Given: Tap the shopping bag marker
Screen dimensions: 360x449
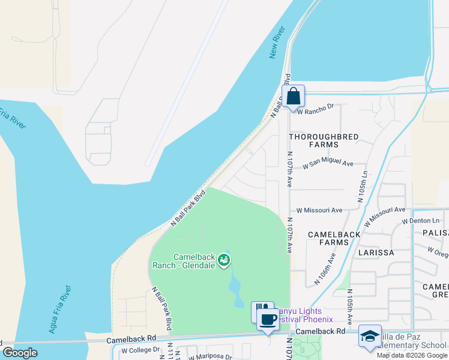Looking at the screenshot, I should coord(293,96).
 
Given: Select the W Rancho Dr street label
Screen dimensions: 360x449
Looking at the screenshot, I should coord(315,108).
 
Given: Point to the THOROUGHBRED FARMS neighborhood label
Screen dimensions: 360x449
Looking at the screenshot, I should coord(324,140).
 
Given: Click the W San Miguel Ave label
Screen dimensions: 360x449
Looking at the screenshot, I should coord(328,163).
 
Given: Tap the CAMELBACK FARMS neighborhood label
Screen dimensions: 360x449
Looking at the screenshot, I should coord(334,238).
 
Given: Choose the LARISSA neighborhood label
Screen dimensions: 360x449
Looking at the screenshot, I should coord(376,253).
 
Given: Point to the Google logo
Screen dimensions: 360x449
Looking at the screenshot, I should coord(20,353).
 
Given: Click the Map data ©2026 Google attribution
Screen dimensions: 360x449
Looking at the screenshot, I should coord(411,355).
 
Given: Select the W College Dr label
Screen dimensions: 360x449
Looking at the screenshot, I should coord(140,350).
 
